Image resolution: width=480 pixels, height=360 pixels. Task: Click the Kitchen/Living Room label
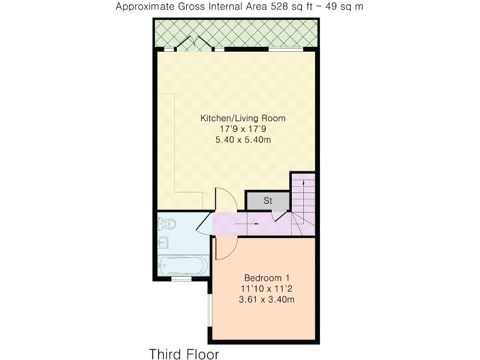(x=242, y=117)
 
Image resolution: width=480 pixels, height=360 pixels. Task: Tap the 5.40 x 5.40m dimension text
(x=242, y=139)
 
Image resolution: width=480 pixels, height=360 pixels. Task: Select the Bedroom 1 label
(x=267, y=277)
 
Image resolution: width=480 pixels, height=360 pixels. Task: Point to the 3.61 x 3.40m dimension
(x=267, y=299)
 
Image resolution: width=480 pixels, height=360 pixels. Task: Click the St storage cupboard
(x=267, y=201)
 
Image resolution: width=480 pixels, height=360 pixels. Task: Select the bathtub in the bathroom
(x=182, y=265)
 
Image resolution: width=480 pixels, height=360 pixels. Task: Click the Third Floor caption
(x=184, y=354)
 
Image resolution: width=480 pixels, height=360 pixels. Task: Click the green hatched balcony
(x=237, y=31)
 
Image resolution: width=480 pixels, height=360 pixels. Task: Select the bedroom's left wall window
(x=210, y=309)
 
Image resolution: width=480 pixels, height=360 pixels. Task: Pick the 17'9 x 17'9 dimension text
(x=242, y=129)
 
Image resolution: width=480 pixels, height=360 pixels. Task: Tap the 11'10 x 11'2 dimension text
(x=267, y=288)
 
